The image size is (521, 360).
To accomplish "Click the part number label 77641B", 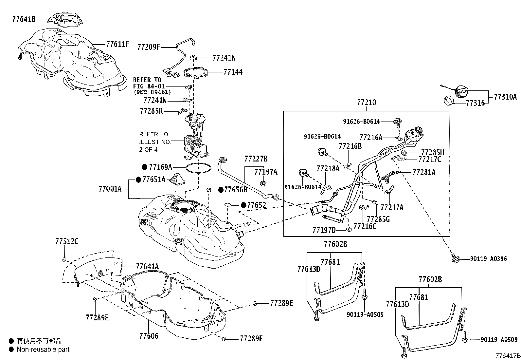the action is (x=24, y=19).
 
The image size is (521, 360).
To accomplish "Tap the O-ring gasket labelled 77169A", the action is (x=199, y=168).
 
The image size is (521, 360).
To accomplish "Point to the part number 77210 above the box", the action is (x=367, y=102).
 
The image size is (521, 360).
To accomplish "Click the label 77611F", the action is (x=118, y=44).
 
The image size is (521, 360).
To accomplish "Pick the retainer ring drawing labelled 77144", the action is (x=195, y=72).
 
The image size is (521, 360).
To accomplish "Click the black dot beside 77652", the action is (x=243, y=205).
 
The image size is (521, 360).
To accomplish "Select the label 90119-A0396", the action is (x=489, y=259).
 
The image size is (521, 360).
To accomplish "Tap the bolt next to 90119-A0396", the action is (x=455, y=258).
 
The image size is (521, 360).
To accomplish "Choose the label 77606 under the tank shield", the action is (x=149, y=336).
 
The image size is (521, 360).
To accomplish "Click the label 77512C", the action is (x=67, y=241).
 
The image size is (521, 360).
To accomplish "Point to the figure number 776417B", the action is (x=508, y=356).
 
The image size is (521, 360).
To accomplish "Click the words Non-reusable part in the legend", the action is (x=43, y=350).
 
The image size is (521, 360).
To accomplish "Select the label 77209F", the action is (x=149, y=47).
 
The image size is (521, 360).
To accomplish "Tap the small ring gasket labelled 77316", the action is (x=448, y=101).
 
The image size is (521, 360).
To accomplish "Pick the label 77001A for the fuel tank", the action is (x=110, y=189).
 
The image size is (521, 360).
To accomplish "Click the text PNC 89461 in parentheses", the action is (x=153, y=92).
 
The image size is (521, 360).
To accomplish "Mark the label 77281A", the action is (x=424, y=172).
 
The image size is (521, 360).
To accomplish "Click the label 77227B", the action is (x=256, y=159).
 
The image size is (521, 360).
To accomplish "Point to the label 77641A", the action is (x=147, y=266).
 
